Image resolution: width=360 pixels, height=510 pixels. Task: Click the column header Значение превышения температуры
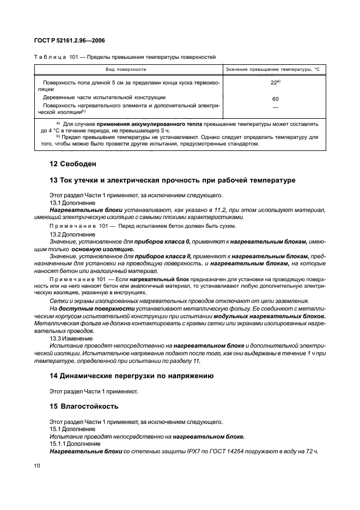[x=272, y=70]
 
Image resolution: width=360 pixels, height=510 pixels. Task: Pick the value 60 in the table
[x=275, y=99]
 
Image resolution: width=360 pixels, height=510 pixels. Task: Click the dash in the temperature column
[x=275, y=107]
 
